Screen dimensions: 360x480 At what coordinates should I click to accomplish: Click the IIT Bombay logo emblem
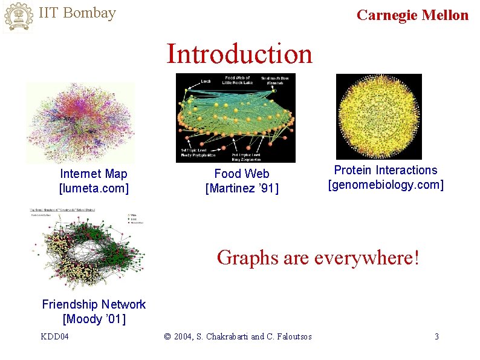point(18,16)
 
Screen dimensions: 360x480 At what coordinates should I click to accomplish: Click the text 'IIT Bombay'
point(77,13)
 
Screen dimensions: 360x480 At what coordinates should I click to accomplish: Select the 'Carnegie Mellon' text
point(412,15)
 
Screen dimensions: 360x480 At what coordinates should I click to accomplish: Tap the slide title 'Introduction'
point(239,53)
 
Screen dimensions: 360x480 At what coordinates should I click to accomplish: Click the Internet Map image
point(80,123)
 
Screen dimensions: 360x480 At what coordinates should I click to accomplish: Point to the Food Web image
point(235,117)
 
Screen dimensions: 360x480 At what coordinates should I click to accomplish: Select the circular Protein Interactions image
point(378,116)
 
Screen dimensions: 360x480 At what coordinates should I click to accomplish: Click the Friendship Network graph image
point(88,250)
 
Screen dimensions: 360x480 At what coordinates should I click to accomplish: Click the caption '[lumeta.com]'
point(94,188)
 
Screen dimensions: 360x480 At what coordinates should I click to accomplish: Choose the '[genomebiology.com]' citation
point(386,185)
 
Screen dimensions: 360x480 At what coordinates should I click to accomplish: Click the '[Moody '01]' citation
point(94,319)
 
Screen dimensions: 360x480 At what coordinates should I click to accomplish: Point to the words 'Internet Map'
point(94,174)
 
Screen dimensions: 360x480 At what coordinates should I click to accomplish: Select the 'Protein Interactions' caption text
point(386,171)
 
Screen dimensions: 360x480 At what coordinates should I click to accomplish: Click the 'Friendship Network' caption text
point(94,304)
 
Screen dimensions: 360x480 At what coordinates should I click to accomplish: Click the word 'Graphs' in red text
point(248,258)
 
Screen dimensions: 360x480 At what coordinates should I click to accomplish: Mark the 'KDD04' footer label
point(54,336)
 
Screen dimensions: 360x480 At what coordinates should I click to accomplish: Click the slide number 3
point(436,336)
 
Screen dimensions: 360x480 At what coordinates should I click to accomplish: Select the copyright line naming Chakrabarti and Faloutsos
point(238,336)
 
